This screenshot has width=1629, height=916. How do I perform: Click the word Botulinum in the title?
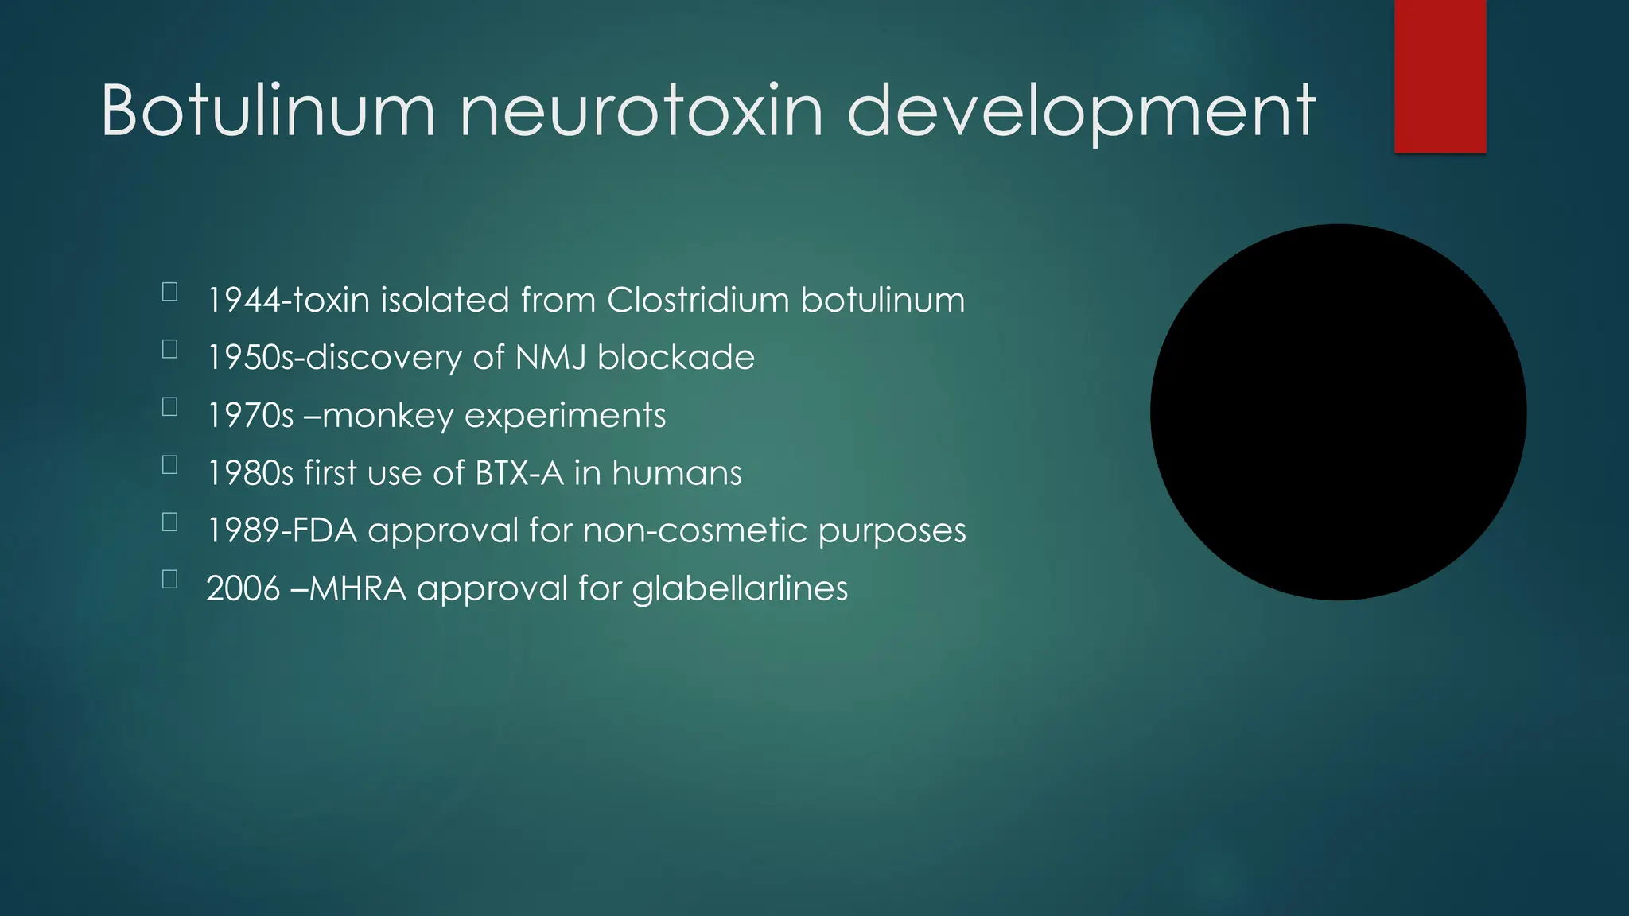(x=268, y=111)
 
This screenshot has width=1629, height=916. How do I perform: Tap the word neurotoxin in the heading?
(x=641, y=111)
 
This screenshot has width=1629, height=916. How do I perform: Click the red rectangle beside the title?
(x=1440, y=76)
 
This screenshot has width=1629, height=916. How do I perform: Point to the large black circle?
(x=1338, y=412)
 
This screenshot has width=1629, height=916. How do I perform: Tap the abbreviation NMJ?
(x=550, y=358)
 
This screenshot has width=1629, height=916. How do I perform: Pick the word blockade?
(x=675, y=358)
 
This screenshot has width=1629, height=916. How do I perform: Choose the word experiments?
(x=565, y=416)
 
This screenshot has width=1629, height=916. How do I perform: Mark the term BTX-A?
(x=519, y=473)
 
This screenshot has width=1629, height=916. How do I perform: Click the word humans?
(x=677, y=473)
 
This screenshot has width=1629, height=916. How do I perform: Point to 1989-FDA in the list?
(x=282, y=530)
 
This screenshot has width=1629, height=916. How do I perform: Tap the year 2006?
(x=243, y=588)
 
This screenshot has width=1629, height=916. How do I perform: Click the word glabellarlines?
(x=740, y=589)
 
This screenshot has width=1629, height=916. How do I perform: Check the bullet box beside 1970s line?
(x=169, y=407)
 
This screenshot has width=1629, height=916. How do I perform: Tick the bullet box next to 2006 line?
(x=169, y=579)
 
